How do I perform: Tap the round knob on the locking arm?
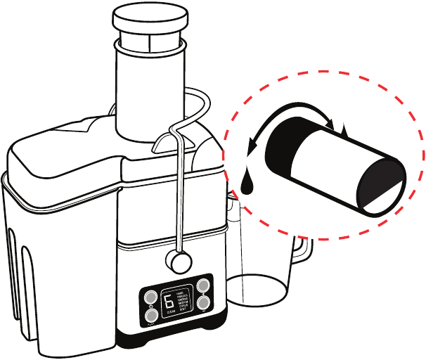coord(178,262)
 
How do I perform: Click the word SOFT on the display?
coord(183,312)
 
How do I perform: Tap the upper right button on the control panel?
coord(203,286)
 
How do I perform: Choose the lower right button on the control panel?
coord(203,303)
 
